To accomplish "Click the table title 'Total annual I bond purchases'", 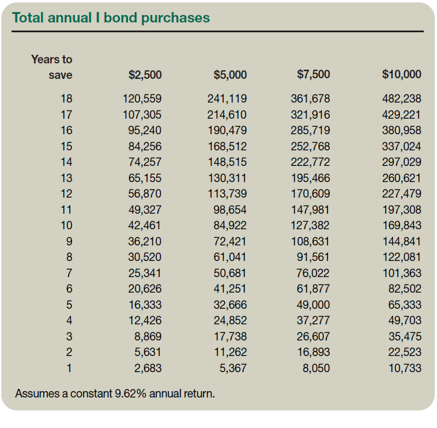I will pyautogui.click(x=111, y=17).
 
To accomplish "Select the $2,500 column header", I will pyautogui.click(x=145, y=74).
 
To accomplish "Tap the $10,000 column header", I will pyautogui.click(x=401, y=74).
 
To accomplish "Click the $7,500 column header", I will pyautogui.click(x=313, y=74).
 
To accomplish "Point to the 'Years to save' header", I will pyautogui.click(x=52, y=67).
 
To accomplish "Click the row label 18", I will pyautogui.click(x=67, y=99).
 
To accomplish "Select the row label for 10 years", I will pyautogui.click(x=67, y=225).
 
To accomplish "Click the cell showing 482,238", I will pyautogui.click(x=401, y=99).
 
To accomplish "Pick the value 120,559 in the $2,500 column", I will pyautogui.click(x=142, y=99).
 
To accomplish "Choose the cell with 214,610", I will pyautogui.click(x=227, y=115).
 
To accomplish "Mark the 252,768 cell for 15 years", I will pyautogui.click(x=310, y=146).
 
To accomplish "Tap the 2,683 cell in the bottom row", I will pyautogui.click(x=148, y=368).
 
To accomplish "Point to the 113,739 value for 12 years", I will pyautogui.click(x=227, y=194).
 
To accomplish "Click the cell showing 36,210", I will pyautogui.click(x=145, y=241).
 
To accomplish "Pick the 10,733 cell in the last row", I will pyautogui.click(x=405, y=368).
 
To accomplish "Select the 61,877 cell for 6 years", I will pyautogui.click(x=313, y=289).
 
